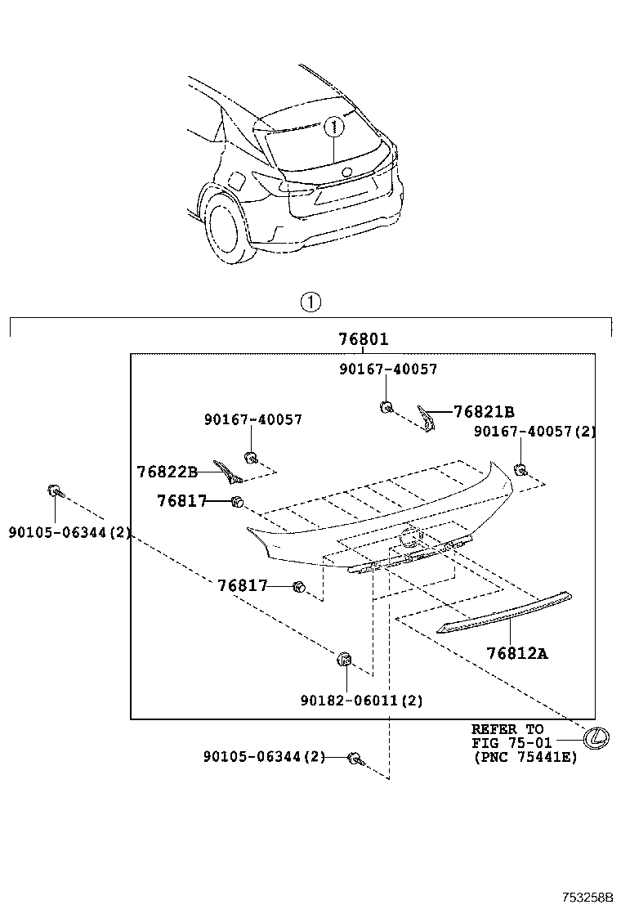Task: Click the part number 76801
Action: pyautogui.click(x=364, y=339)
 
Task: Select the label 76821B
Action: pyautogui.click(x=484, y=412)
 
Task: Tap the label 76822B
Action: pyautogui.click(x=168, y=472)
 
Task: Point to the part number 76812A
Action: pyautogui.click(x=517, y=653)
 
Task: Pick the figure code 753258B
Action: pyautogui.click(x=587, y=898)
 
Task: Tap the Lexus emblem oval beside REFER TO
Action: pyautogui.click(x=597, y=737)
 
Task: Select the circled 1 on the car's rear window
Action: pyautogui.click(x=333, y=127)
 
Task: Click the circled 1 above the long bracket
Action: pyautogui.click(x=310, y=302)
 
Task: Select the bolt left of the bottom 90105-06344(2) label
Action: pyautogui.click(x=355, y=759)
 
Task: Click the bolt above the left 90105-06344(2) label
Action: pyautogui.click(x=54, y=491)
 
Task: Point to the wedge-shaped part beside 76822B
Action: pyautogui.click(x=226, y=472)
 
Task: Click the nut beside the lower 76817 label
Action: pyautogui.click(x=299, y=586)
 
